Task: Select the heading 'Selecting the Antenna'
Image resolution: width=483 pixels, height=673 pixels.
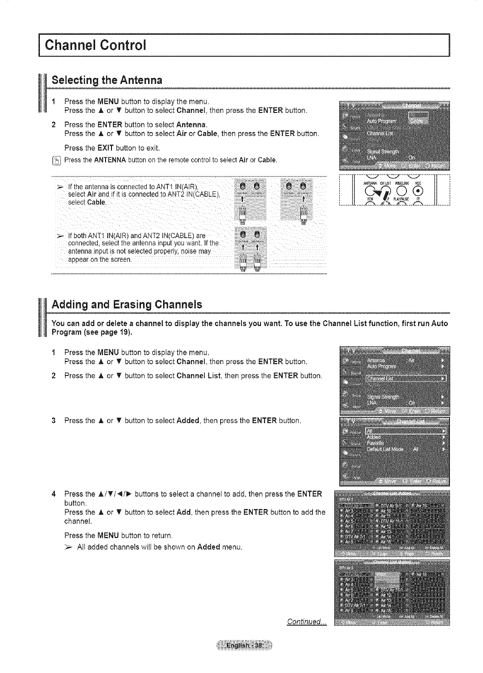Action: (x=107, y=80)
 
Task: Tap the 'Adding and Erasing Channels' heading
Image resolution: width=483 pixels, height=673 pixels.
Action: (x=126, y=304)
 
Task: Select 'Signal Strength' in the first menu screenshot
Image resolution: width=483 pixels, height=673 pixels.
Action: (x=383, y=151)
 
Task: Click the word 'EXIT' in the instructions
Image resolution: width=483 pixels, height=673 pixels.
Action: (x=106, y=148)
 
